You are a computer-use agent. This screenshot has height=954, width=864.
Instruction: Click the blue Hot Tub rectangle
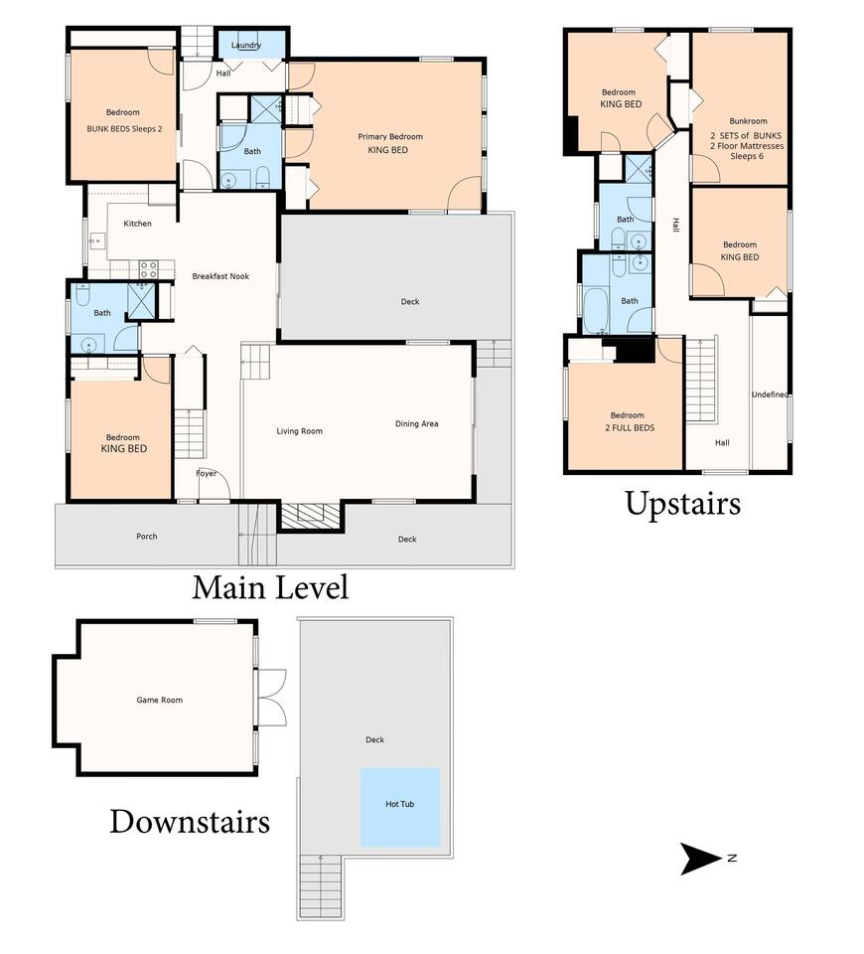[399, 807]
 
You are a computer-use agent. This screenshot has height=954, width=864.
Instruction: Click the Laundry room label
[246, 45]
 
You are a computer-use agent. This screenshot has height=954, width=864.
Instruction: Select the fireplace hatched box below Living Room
[310, 516]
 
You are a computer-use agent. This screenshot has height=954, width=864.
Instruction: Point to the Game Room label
[159, 700]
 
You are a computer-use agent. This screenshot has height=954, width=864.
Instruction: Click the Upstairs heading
[683, 504]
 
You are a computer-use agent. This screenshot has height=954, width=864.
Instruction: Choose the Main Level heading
[270, 587]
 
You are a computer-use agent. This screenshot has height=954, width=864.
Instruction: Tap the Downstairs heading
[190, 822]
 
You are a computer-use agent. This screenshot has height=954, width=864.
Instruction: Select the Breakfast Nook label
[220, 276]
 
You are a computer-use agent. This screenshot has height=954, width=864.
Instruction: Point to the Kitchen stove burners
[149, 269]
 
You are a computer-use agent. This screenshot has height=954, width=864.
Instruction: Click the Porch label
[147, 536]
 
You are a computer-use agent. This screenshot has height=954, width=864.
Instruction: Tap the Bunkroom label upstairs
[748, 121]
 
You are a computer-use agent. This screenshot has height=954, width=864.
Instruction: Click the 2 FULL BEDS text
[630, 427]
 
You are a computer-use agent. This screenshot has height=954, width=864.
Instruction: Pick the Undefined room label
[770, 395]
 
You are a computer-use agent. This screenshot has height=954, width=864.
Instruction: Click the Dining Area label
[416, 424]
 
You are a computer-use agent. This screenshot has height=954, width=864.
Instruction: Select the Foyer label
[207, 473]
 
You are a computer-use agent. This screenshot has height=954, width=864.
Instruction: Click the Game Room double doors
[272, 698]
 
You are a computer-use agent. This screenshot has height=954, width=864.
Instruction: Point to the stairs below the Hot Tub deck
[321, 885]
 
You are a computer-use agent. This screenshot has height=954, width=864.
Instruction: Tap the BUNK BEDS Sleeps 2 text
[125, 129]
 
